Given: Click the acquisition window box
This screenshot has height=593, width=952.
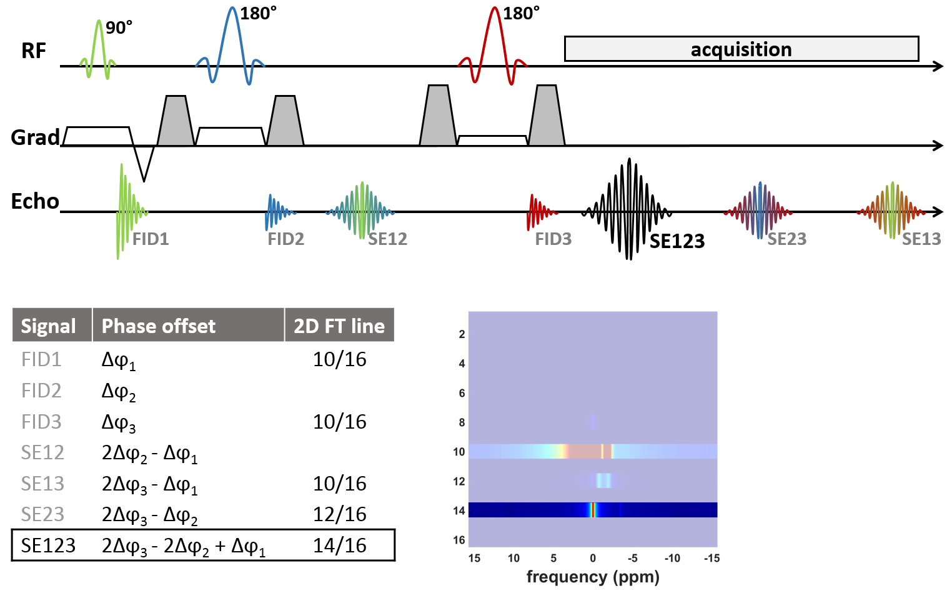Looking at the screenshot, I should [x=741, y=49].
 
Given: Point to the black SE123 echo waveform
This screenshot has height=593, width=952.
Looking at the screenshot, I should [x=628, y=209].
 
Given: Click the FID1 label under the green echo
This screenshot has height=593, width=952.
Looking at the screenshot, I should [x=151, y=239].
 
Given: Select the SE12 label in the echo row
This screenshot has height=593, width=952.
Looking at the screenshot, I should [x=387, y=239].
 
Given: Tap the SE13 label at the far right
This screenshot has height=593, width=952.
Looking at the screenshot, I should [x=921, y=239].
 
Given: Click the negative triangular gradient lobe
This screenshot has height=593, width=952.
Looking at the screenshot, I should [x=144, y=161].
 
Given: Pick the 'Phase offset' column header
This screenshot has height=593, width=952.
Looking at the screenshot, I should [x=159, y=326].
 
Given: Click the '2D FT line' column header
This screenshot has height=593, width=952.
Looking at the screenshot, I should [x=339, y=326].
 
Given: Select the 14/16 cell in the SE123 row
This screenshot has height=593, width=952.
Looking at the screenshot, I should [x=340, y=546].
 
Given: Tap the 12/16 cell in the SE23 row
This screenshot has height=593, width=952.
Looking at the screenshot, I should [x=340, y=514].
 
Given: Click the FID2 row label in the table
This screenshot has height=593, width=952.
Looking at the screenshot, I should [x=41, y=391].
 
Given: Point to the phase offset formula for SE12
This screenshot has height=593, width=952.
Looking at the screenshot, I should [x=150, y=454].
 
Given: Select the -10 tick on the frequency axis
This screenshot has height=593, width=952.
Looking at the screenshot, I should [x=672, y=558].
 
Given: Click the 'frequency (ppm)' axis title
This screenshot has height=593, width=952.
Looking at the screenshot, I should [x=593, y=577].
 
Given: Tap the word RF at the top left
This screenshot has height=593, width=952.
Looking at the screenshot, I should [x=34, y=51].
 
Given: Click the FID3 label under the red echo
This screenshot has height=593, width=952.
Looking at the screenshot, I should [x=553, y=239].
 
